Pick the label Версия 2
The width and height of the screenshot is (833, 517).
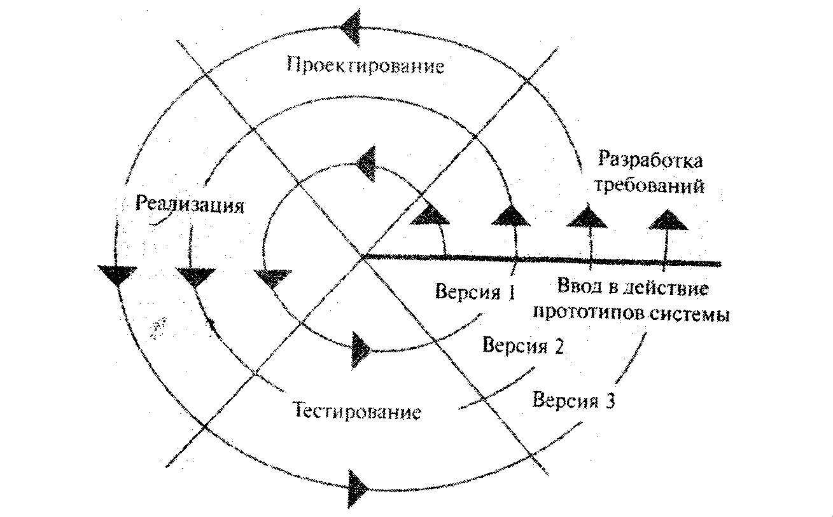pyautogui.click(x=524, y=347)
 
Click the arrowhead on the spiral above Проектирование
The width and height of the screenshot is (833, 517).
pyautogui.click(x=352, y=27)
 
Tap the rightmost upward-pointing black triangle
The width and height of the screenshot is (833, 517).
pyautogui.click(x=667, y=219)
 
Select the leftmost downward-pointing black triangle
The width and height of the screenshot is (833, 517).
pyautogui.click(x=118, y=274)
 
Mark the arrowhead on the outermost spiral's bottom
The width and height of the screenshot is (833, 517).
pyautogui.click(x=359, y=488)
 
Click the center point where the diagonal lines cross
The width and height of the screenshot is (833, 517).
pyautogui.click(x=363, y=257)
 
